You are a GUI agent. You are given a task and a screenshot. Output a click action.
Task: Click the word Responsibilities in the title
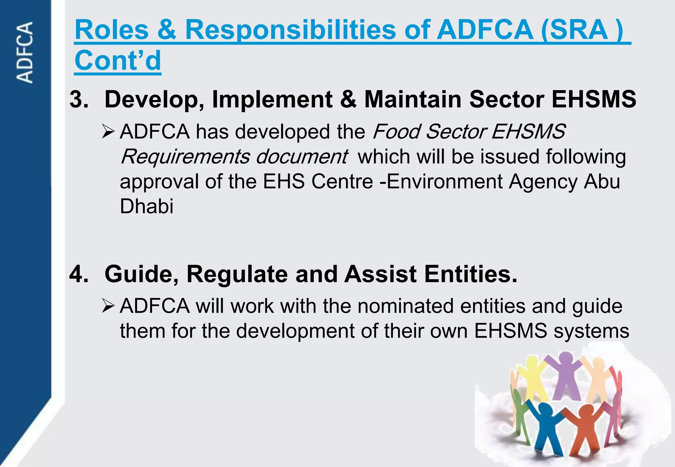290,30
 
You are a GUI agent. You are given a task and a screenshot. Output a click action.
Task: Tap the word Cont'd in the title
118,60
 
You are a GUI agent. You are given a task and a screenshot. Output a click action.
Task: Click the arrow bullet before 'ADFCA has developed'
108,132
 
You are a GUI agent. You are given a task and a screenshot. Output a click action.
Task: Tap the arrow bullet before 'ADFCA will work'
108,306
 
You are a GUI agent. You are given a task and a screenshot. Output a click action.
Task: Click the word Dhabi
146,206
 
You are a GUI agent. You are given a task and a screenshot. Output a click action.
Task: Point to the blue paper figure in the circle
546,428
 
